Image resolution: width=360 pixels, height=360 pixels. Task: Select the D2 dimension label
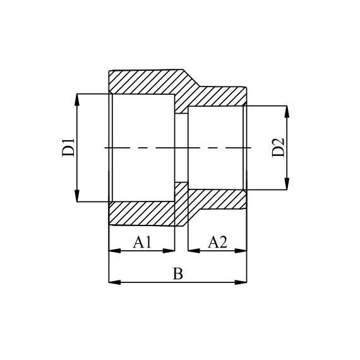[279, 147]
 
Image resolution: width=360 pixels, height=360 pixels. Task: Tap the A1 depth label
[142, 242]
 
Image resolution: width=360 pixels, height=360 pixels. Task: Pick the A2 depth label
[217, 242]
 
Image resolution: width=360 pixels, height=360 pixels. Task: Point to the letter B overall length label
[178, 274]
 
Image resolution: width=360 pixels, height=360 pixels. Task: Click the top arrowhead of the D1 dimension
[77, 99]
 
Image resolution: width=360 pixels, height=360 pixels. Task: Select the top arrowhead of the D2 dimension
[288, 111]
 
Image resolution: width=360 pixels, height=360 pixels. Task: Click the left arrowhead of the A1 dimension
[114, 251]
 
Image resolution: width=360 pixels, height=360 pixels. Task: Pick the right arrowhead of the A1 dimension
[169, 251]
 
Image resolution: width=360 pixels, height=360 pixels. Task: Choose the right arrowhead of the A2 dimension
[242, 251]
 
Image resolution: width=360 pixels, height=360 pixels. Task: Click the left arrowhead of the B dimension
[114, 282]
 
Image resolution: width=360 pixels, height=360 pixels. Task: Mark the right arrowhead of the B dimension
[242, 282]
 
